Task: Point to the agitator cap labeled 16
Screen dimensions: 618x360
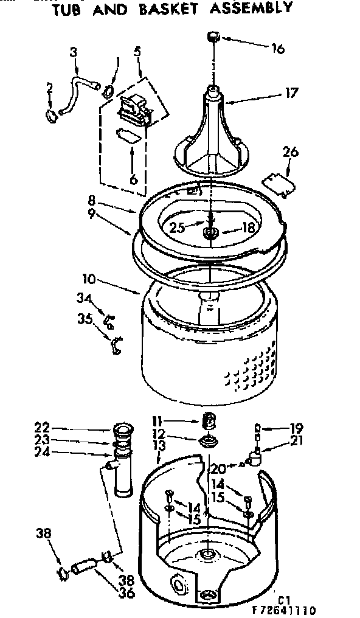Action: pos(214,37)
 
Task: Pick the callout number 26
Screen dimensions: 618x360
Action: pos(291,152)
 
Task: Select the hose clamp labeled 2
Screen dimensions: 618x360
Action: pos(50,114)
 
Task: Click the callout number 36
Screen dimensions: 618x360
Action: pos(127,594)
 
